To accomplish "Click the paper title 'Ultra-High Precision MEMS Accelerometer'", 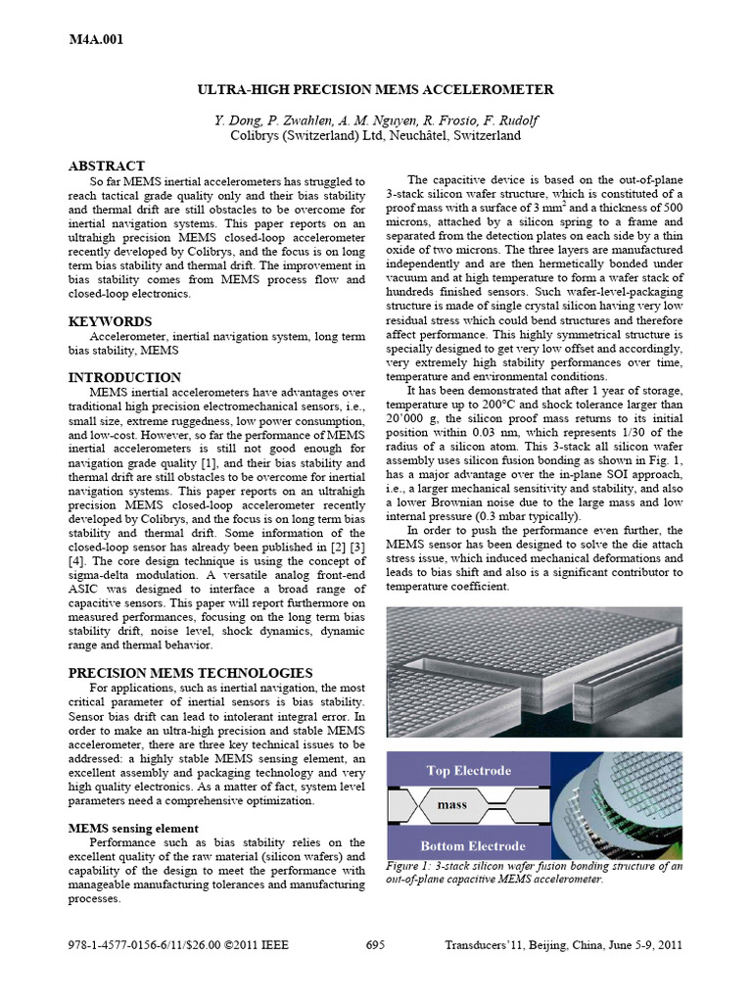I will click(x=375, y=89).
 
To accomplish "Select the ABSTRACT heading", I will click(x=107, y=167).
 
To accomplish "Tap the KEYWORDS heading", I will click(x=110, y=321).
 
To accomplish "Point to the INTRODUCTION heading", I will click(x=124, y=377).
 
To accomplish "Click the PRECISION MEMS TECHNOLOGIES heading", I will click(x=190, y=673).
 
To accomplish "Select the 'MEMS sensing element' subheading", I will click(x=132, y=828).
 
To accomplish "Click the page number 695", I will click(x=375, y=945).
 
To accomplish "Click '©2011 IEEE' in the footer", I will click(x=259, y=945).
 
